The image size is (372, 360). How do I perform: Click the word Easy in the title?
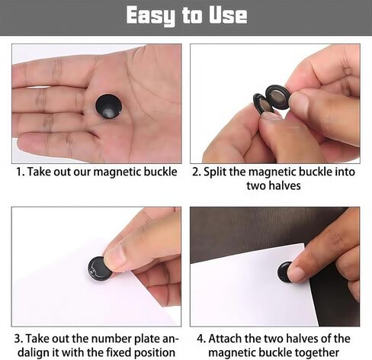[151, 16]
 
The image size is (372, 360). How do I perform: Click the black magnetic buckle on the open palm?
[109, 106]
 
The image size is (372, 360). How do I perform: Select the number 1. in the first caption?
[21, 172]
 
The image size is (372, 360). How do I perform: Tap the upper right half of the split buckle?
[277, 97]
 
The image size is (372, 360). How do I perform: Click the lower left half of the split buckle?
[262, 104]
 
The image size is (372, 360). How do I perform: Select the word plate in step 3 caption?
[147, 339]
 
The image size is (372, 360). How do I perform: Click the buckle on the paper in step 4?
[284, 272]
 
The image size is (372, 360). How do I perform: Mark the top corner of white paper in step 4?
[304, 243]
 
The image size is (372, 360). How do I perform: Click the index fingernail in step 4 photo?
[297, 274]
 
